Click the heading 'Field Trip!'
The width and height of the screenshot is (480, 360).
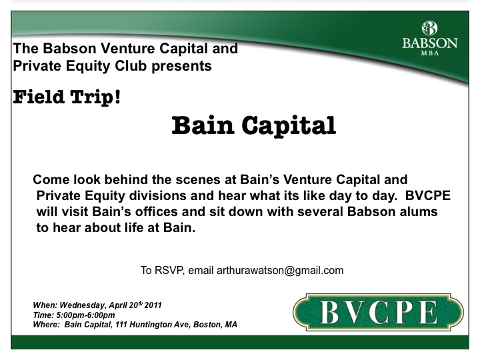(67, 97)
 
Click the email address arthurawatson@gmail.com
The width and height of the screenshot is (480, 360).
(280, 271)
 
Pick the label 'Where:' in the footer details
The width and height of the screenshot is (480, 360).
(46, 325)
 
